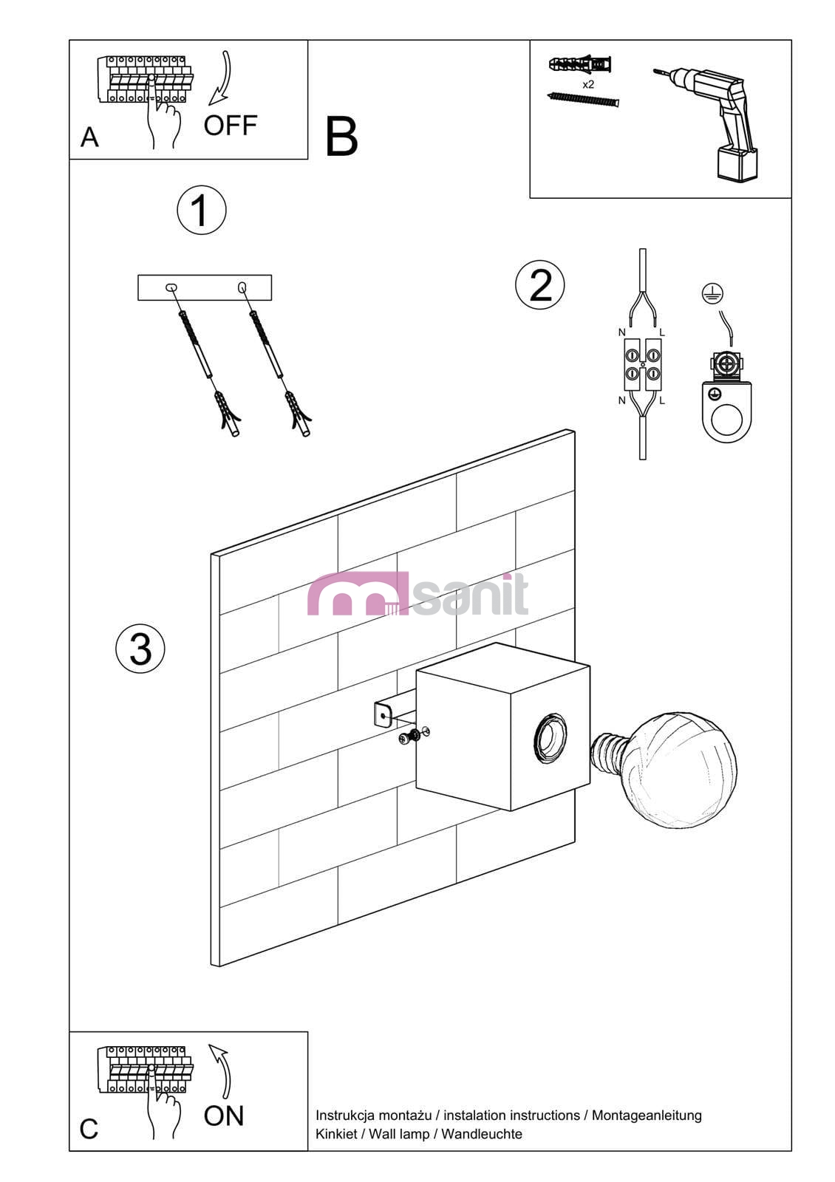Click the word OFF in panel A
230,126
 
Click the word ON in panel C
224,1116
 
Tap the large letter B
341,137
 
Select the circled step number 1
201,210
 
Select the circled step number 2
539,284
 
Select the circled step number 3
140,649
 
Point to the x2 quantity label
588,84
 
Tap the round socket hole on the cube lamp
550,737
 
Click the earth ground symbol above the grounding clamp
712,293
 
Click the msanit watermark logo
417,594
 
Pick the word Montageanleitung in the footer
647,1116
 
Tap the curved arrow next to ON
221,1071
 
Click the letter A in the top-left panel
89,137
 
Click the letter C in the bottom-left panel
89,1130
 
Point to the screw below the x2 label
583,99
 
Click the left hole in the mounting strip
171,287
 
